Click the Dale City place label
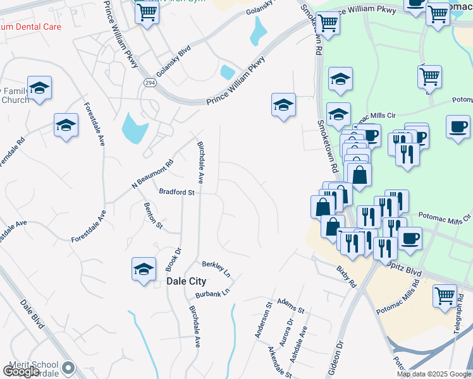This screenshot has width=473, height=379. coord(183,282)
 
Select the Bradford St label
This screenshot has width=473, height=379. coord(176,191)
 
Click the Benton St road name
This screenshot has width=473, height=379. coord(154,215)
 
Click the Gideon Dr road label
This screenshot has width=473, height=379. coord(334,359)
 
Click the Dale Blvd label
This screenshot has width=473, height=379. coord(32,314)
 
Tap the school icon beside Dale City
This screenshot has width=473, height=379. coord(144,268)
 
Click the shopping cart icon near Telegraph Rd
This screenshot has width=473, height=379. coord(445,295)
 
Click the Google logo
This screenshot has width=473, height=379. coord(21,372)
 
